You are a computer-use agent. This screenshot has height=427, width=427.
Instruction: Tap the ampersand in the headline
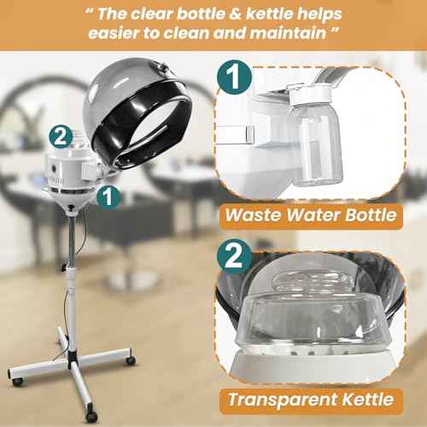pos(235,14)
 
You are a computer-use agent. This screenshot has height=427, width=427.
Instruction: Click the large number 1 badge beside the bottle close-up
pos(234,77)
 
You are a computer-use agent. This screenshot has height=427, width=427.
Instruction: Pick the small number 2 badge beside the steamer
pos(61,137)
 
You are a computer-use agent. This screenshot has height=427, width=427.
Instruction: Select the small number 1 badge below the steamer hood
pos(108,196)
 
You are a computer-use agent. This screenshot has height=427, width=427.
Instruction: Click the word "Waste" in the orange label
pos(254,214)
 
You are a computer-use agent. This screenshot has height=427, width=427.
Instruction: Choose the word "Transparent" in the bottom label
pos(283,400)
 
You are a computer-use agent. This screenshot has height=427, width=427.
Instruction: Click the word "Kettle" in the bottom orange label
pos(368,399)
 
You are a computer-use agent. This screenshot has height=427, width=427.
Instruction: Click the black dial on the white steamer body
pos(54,168)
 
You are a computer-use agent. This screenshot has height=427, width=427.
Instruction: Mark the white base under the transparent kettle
pos(313,366)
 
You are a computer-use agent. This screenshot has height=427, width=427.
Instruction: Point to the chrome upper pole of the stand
pos(72,241)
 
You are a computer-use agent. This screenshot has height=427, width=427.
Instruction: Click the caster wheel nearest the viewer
pos(91,416)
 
